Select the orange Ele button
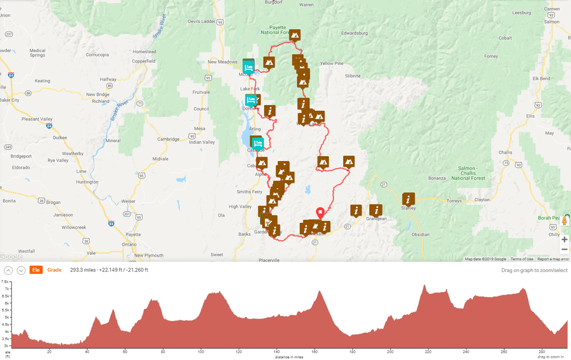pyautogui.click(x=36, y=270)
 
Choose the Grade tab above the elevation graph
pyautogui.click(x=54, y=270)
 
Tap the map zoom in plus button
pyautogui.click(x=564, y=239)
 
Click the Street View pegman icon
pyautogui.click(x=564, y=221)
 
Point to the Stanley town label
pyautogui.click(x=408, y=208)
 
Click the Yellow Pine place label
pyautogui.click(x=331, y=63)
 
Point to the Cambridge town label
pyautogui.click(x=168, y=139)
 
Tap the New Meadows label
pyautogui.click(x=222, y=62)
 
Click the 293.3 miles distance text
pyautogui.click(x=83, y=270)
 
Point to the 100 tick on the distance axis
pyautogui.click(x=200, y=352)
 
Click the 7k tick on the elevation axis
pyautogui.click(x=5, y=289)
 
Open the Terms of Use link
pyautogui.click(x=522, y=259)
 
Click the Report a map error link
pyautogui.click(x=553, y=259)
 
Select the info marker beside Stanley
pyautogui.click(x=408, y=199)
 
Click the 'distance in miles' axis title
pyautogui.click(x=289, y=357)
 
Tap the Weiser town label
pyautogui.click(x=128, y=201)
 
